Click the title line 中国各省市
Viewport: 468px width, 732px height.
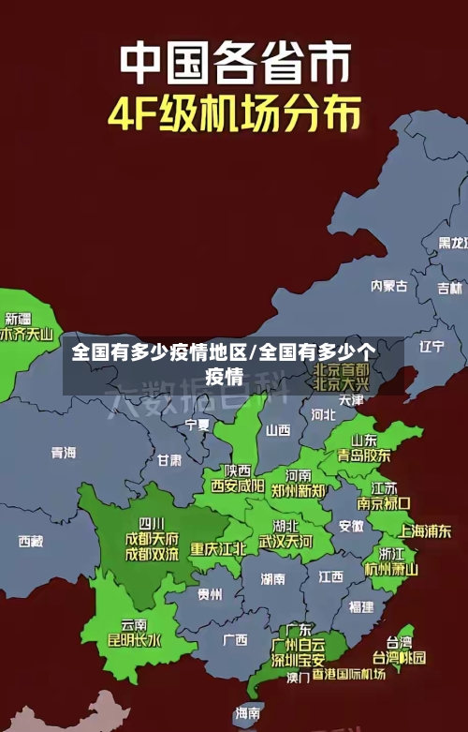pyautogui.click(x=235, y=64)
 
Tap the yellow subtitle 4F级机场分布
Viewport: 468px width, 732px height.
pyautogui.click(x=234, y=115)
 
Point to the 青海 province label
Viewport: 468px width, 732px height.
pyautogui.click(x=64, y=453)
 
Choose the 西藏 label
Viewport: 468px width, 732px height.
pyautogui.click(x=31, y=541)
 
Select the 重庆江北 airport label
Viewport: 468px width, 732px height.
pyautogui.click(x=218, y=549)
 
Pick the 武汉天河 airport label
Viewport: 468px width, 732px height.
pyautogui.click(x=285, y=542)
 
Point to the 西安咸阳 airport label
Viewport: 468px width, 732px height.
pyautogui.click(x=237, y=486)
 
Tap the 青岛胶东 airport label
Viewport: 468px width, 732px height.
pyautogui.click(x=364, y=455)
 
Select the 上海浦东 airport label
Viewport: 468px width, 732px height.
pyautogui.click(x=425, y=530)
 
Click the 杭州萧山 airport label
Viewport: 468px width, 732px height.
pyautogui.click(x=391, y=568)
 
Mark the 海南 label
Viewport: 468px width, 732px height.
pyautogui.click(x=248, y=713)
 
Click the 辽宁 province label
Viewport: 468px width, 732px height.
pyautogui.click(x=431, y=346)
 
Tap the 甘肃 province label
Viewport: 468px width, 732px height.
pyautogui.click(x=169, y=460)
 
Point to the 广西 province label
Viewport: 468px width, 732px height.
pyautogui.click(x=235, y=640)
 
